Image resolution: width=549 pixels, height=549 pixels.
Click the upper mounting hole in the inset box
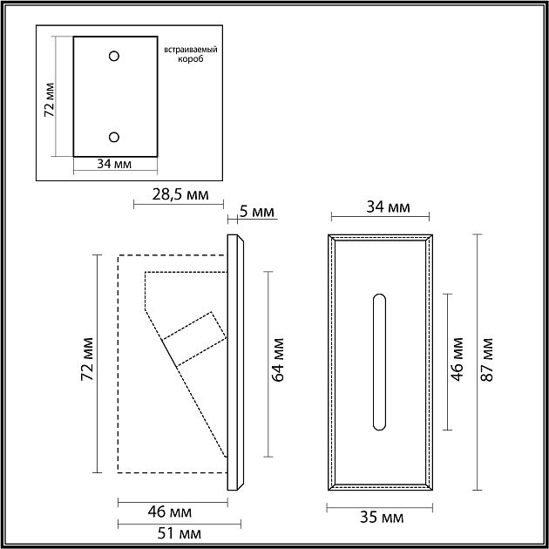tap(114, 57)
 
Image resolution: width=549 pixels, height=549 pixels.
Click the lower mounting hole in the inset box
tap(114, 136)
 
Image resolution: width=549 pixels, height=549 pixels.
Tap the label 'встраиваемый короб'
tap(190, 55)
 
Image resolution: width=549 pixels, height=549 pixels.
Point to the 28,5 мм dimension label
tap(180, 194)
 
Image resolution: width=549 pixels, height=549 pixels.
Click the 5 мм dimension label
tap(257, 212)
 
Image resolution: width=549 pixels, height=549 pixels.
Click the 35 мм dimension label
tap(382, 517)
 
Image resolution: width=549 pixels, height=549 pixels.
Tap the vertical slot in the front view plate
tap(379, 362)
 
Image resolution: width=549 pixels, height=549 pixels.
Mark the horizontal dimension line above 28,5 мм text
tap(180, 205)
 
